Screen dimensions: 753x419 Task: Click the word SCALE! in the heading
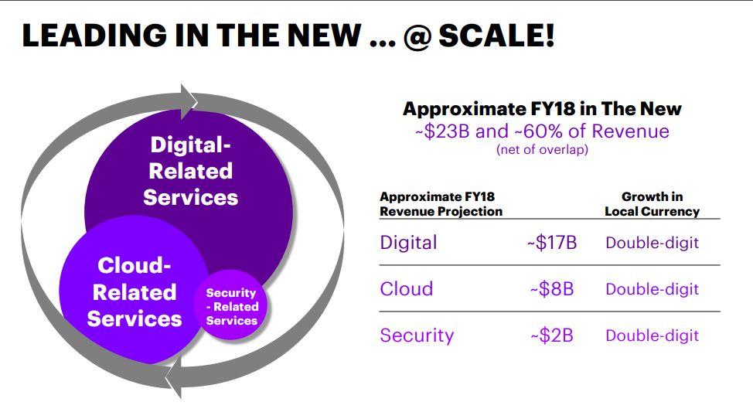[x=497, y=35]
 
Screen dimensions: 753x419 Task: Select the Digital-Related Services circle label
[x=191, y=172]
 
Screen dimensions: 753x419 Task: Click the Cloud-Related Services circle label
[x=135, y=292]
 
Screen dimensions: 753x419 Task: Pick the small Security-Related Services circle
[x=231, y=305]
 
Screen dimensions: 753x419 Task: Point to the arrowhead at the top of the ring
[x=189, y=102]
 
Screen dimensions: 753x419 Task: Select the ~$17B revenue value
[x=552, y=243]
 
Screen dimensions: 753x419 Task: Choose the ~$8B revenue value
[x=552, y=289]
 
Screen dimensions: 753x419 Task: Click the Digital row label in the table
[x=408, y=243]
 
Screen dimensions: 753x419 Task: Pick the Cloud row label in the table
[x=407, y=289]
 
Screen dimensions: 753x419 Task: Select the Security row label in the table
[x=417, y=336]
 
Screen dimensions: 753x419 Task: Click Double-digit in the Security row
[x=652, y=336]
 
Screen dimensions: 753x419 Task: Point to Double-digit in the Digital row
[x=652, y=243]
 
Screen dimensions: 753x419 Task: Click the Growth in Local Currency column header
[x=652, y=204]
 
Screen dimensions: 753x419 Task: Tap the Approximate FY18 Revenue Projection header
[x=441, y=204]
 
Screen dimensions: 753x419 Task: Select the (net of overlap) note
[x=542, y=150]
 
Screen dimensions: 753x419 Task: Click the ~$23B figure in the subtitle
[x=442, y=131]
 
